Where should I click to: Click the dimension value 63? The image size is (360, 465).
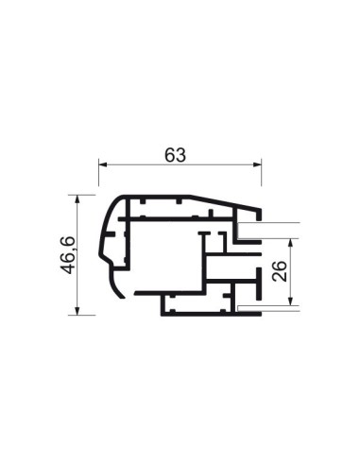(x=175, y=155)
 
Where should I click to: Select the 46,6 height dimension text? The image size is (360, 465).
(x=68, y=255)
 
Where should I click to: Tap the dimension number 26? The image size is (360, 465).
(x=280, y=271)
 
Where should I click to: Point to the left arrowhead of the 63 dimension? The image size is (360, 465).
(x=103, y=164)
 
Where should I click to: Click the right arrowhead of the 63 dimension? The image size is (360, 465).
(x=257, y=164)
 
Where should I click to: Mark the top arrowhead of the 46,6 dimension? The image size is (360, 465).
(x=77, y=199)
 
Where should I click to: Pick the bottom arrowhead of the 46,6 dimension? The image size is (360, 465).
(x=77, y=311)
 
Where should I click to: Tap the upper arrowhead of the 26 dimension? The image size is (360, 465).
(x=291, y=243)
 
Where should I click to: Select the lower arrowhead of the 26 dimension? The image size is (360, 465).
(x=291, y=301)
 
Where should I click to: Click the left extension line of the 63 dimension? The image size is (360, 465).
(x=99, y=172)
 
